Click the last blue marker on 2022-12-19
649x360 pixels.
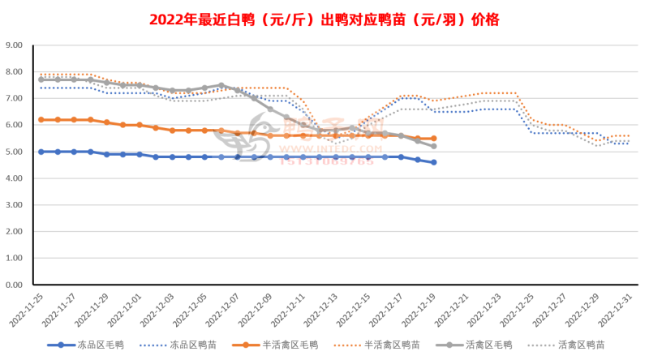(433, 162)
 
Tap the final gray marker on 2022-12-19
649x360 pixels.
(433, 146)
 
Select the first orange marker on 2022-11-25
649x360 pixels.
(41, 119)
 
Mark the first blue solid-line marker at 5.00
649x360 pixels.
(41, 152)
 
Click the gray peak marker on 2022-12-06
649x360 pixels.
(221, 85)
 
